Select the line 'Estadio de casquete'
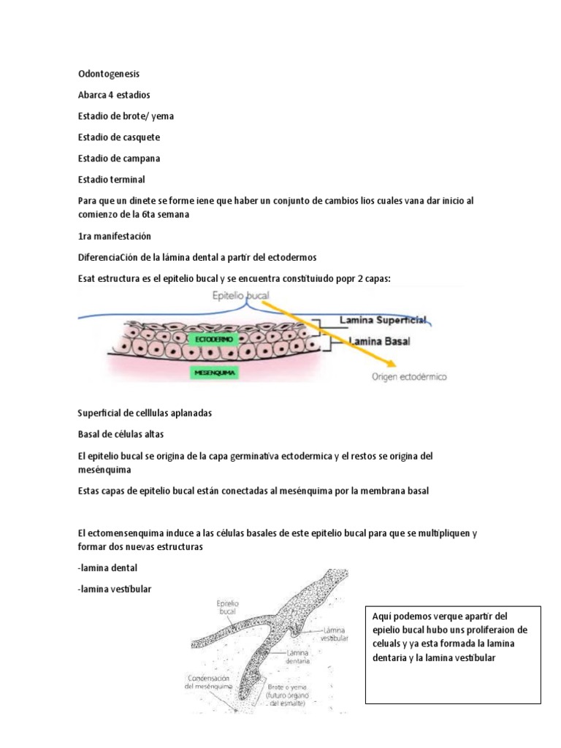(x=118, y=137)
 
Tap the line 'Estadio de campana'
(x=119, y=158)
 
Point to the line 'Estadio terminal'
(x=111, y=179)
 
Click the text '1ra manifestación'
(x=115, y=237)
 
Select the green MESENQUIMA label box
(x=213, y=373)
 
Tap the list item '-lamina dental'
(x=107, y=568)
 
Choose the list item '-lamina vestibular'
(x=114, y=589)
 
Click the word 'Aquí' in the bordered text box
(x=381, y=616)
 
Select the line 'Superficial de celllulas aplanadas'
(x=145, y=413)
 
